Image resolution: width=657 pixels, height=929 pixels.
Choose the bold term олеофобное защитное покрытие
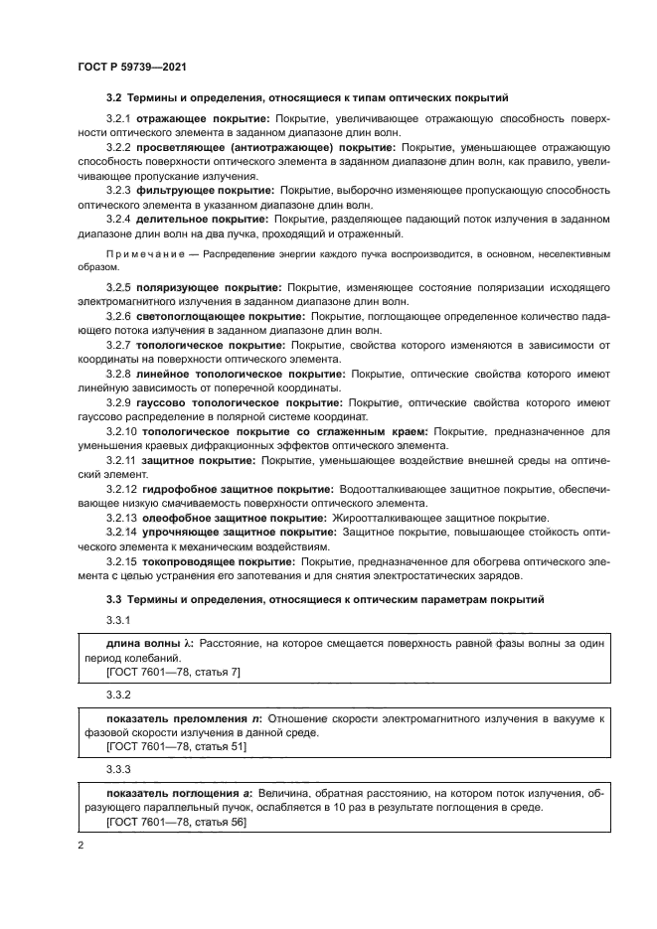(232, 518)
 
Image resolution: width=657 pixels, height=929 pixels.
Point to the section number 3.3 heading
(114, 600)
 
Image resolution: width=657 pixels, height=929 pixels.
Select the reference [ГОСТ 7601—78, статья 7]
(173, 672)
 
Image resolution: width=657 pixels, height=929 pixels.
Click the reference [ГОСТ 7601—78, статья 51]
(176, 745)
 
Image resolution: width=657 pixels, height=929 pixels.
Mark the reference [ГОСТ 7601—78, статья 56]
(176, 823)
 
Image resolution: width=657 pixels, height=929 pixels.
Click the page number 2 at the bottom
(80, 846)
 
